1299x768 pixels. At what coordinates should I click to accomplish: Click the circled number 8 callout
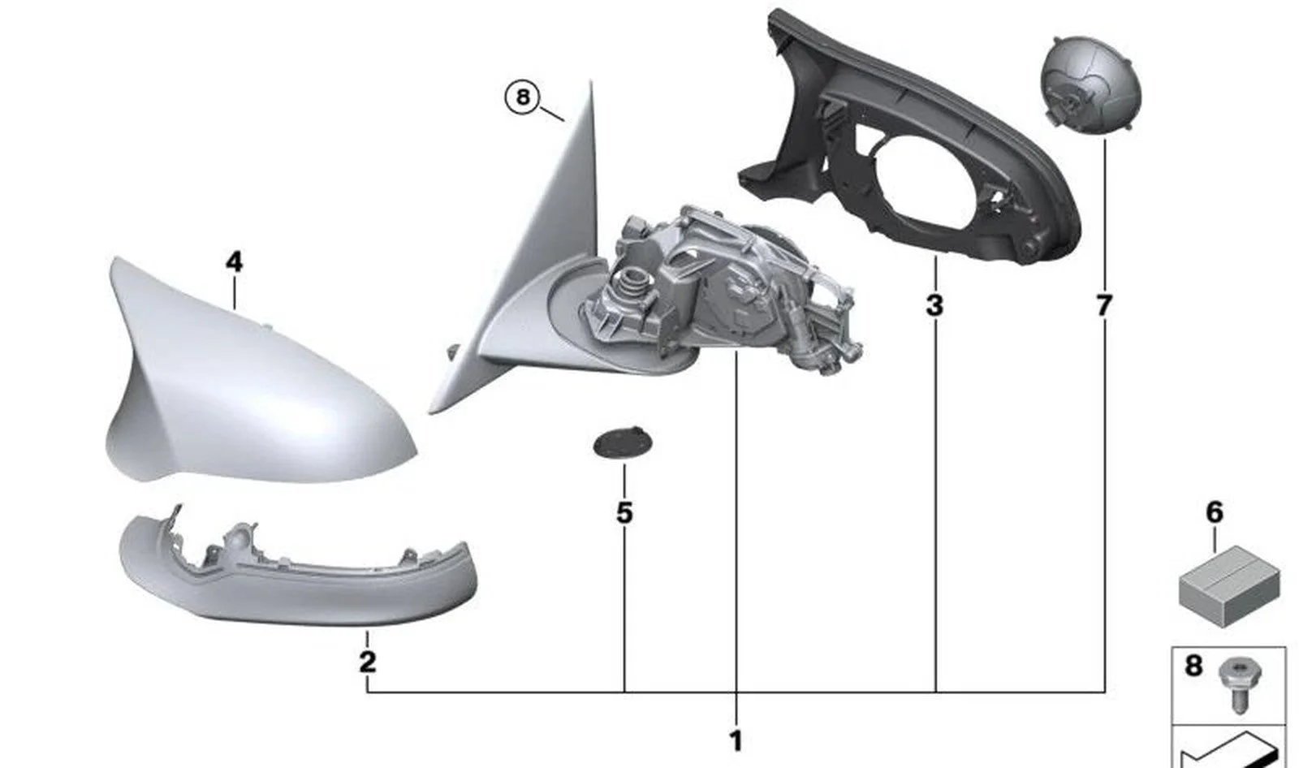[522, 97]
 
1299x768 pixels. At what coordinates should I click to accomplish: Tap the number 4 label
[234, 263]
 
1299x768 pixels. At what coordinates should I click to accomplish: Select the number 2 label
[367, 662]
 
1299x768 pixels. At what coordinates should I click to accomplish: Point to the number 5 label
[624, 513]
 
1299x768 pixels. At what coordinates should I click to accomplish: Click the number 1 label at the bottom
[736, 741]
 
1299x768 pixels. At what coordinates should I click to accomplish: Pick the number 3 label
[934, 305]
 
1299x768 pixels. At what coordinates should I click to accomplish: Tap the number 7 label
[1104, 306]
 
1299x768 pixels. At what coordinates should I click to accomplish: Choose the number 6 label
[1214, 513]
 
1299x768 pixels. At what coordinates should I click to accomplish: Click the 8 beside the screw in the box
[1193, 666]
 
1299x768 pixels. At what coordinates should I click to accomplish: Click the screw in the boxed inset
[1240, 684]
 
